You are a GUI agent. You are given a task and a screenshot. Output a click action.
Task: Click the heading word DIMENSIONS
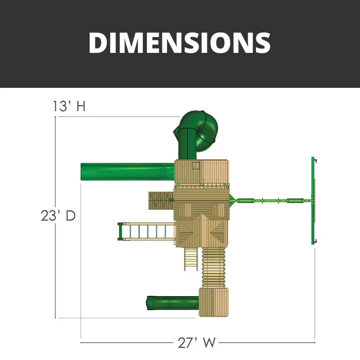[x=180, y=43]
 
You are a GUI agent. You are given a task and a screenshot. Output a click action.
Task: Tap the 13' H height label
[x=69, y=106]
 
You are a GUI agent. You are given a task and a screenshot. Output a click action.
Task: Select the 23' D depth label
[x=58, y=216]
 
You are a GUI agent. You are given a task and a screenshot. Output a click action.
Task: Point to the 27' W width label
[x=197, y=343]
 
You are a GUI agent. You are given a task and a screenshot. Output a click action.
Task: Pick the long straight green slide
[x=127, y=172]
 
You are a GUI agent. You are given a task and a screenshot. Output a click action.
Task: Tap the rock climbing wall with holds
[x=161, y=201]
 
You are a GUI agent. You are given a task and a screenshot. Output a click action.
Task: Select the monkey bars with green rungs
[x=146, y=231]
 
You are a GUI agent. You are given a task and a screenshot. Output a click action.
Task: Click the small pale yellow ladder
[x=191, y=259]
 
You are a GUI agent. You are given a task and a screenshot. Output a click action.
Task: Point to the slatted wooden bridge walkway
[x=214, y=267]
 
